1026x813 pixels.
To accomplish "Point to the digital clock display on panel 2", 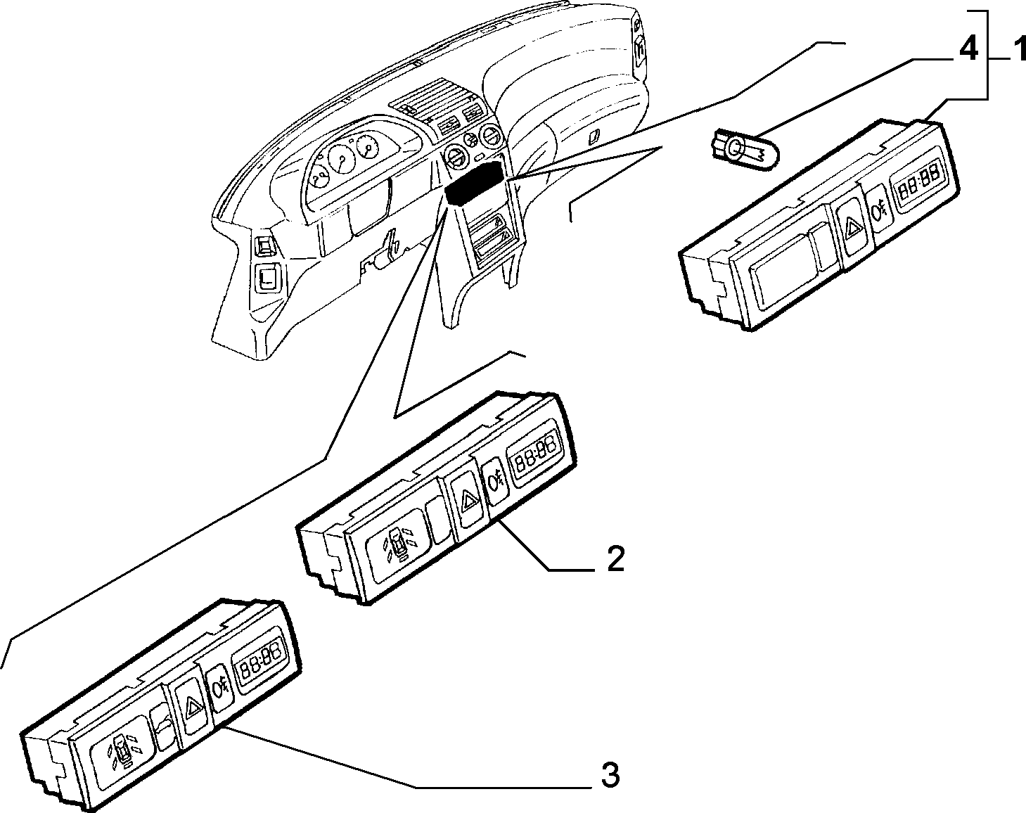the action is click(x=537, y=451).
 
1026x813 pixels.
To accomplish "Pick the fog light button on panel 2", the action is click(x=496, y=482).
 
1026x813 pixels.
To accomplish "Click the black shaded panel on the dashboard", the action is click(x=474, y=184).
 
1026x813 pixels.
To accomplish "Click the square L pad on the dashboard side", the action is click(x=266, y=277).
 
